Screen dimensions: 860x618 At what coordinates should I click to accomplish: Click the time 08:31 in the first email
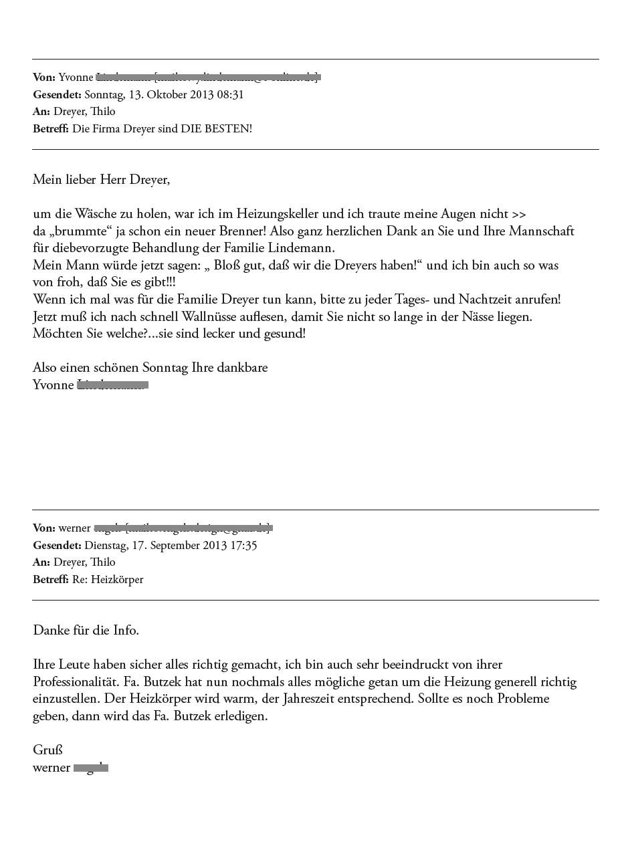pyautogui.click(x=230, y=94)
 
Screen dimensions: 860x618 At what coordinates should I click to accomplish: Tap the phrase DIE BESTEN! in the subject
pyautogui.click(x=216, y=128)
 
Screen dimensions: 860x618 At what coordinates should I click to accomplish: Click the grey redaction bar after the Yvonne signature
pyautogui.click(x=113, y=385)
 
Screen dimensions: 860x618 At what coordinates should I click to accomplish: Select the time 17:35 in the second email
pyautogui.click(x=243, y=545)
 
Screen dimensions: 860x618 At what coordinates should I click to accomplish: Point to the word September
pyautogui.click(x=158, y=545)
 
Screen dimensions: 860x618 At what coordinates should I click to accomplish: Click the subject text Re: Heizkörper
pyautogui.click(x=108, y=579)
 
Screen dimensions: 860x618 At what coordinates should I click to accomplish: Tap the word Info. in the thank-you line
pyautogui.click(x=126, y=630)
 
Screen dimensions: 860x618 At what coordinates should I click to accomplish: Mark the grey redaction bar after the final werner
pyautogui.click(x=91, y=768)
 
